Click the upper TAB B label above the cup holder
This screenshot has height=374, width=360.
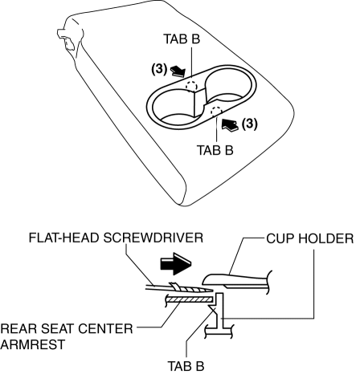(x=182, y=39)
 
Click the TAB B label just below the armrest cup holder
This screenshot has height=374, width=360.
(x=215, y=150)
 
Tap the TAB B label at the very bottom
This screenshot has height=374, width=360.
(x=186, y=366)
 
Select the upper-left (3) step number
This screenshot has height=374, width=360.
(x=159, y=69)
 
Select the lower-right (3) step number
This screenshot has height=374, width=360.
(x=249, y=124)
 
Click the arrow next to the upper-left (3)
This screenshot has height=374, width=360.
(x=178, y=72)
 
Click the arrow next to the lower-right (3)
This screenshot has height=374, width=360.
(x=230, y=125)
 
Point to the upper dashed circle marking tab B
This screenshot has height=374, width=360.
(x=191, y=86)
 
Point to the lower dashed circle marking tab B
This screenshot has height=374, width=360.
(x=216, y=111)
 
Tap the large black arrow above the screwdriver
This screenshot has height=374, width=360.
(x=176, y=263)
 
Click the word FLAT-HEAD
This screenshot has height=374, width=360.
(x=64, y=238)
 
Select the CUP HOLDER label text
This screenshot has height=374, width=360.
(x=310, y=238)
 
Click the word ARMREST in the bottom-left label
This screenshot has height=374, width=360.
(x=33, y=344)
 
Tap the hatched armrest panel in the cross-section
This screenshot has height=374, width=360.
(x=190, y=299)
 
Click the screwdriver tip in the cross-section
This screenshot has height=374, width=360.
(x=211, y=290)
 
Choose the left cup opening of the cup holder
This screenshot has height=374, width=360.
(x=174, y=107)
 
